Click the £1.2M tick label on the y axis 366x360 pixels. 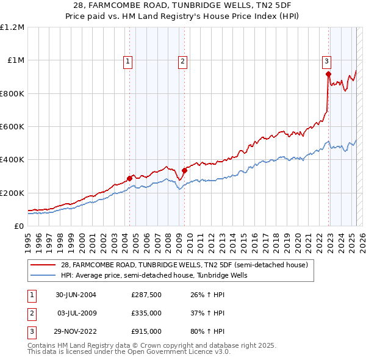[12, 27]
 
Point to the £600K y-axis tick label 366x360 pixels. [12, 127]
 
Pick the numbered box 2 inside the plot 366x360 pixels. [183, 60]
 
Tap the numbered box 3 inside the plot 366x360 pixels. [327, 60]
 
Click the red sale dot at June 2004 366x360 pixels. [129, 178]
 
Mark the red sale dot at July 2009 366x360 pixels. [184, 170]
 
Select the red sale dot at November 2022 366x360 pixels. [328, 74]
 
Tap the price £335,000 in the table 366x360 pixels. [146, 313]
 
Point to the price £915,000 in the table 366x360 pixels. [146, 331]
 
